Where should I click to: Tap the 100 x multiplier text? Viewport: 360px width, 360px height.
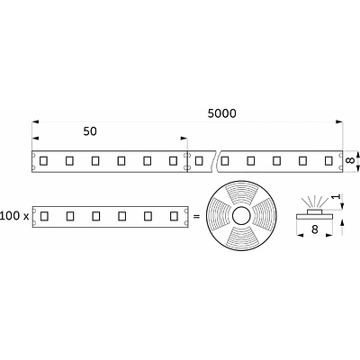click(x=15, y=216)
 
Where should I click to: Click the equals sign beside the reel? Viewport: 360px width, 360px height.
click(x=197, y=216)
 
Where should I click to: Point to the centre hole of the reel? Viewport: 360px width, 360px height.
click(x=243, y=216)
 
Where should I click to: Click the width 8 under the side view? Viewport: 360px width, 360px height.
click(x=315, y=230)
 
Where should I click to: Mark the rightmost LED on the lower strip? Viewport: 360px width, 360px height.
click(x=172, y=216)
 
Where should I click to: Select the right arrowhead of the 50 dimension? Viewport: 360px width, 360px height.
click(x=184, y=139)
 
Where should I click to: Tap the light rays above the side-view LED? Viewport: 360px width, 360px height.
click(x=314, y=199)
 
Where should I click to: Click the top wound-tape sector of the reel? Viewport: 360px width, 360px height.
click(x=243, y=193)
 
